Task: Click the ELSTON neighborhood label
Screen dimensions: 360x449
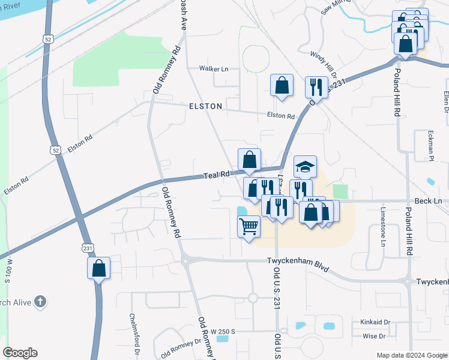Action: [x=205, y=106]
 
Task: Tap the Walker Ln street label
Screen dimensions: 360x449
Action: [x=214, y=69]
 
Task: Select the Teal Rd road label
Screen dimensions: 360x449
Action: [x=216, y=175]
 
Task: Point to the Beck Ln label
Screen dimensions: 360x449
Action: [x=429, y=201]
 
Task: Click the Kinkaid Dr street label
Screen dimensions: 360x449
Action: [x=375, y=322]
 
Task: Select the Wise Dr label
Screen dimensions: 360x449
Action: [x=374, y=337]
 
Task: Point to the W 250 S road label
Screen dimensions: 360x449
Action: [x=223, y=331]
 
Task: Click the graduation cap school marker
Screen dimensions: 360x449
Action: [x=305, y=166]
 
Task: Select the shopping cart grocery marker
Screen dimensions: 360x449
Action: [x=249, y=226]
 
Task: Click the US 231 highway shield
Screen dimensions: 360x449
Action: [x=88, y=248]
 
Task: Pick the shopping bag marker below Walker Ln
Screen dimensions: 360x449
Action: [x=282, y=85]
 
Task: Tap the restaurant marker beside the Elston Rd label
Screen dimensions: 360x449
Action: [x=315, y=87]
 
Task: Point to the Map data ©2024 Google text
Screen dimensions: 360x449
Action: [x=412, y=355]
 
